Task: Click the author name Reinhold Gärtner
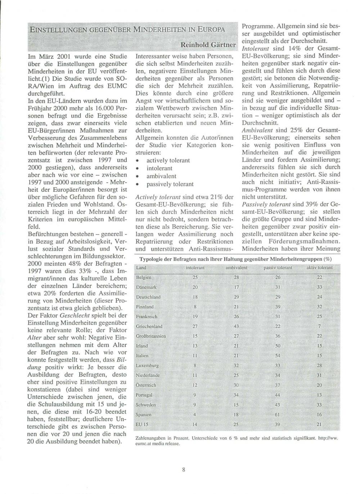point(208,45)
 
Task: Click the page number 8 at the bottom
point(184,469)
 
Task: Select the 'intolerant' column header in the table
point(195,268)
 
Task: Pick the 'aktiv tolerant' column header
point(319,268)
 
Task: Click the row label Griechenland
point(149,326)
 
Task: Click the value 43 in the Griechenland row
point(237,326)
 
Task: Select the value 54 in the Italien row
point(278,356)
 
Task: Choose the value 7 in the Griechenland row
point(319,326)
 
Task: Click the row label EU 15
point(143,424)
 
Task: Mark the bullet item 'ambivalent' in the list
point(161,176)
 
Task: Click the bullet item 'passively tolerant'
point(170,184)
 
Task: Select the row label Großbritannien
point(151,336)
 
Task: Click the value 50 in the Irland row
point(278,346)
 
